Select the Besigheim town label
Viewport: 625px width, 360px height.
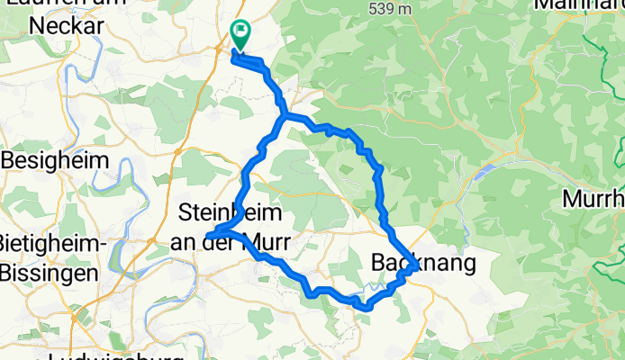[57, 159]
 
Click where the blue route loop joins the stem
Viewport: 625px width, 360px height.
[285, 116]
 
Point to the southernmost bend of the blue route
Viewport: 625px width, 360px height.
[367, 308]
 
